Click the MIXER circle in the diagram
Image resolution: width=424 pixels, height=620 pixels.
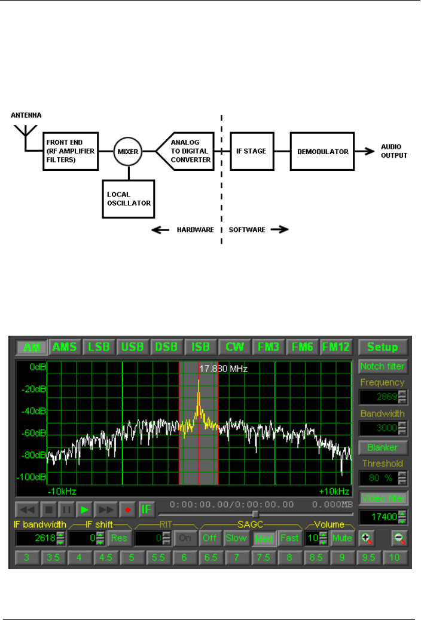(x=127, y=152)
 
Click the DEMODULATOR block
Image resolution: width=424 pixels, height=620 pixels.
(x=322, y=152)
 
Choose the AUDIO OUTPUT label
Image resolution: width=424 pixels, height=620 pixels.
(x=394, y=151)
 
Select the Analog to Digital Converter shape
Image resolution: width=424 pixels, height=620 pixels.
(x=187, y=152)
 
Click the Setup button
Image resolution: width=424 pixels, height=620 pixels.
(x=382, y=347)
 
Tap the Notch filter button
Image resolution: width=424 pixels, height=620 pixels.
(x=382, y=366)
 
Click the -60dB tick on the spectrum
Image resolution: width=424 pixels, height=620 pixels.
(x=28, y=433)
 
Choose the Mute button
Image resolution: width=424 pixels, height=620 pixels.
(x=342, y=538)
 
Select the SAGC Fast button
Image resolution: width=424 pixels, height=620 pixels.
(x=290, y=538)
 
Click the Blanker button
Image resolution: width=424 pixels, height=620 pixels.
(x=382, y=447)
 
